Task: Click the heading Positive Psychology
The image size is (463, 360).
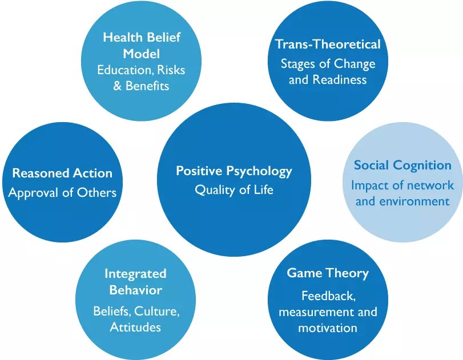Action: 233,171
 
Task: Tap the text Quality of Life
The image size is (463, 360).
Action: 233,190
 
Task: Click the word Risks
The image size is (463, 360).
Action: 171,70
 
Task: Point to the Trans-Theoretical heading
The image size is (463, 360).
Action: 328,45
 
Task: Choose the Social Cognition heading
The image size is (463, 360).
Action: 402,165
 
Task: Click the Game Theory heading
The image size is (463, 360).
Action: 328,273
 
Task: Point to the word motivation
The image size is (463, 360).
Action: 328,328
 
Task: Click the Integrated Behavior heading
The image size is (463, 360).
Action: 135,282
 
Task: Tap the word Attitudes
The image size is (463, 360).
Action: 135,327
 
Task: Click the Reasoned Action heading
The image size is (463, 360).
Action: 62,173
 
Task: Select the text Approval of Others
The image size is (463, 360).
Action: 62,192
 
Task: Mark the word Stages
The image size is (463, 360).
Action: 298,63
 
